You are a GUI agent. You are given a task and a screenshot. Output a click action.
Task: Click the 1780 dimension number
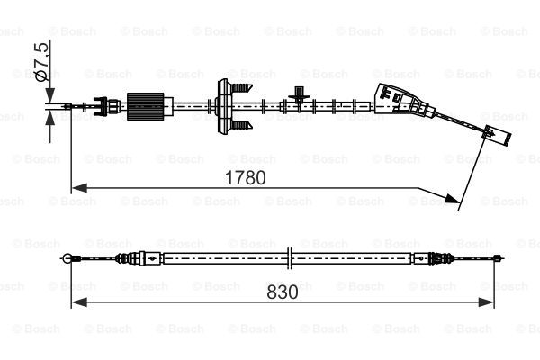pyautogui.click(x=245, y=178)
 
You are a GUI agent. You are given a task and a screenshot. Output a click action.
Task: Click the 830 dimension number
pyautogui.click(x=283, y=292)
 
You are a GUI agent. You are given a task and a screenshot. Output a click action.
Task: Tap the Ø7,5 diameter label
pyautogui.click(x=42, y=62)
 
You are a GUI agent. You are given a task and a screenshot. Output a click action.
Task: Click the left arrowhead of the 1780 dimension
pyautogui.click(x=79, y=188)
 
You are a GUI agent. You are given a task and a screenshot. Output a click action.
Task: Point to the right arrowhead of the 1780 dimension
pyautogui.click(x=451, y=198)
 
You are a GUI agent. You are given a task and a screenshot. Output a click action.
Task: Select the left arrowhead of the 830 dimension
pyautogui.click(x=79, y=302)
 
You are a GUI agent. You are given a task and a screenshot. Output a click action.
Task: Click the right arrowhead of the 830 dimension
pyautogui.click(x=486, y=302)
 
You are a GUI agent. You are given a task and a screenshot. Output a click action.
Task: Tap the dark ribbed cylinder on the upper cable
pyautogui.click(x=145, y=106)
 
